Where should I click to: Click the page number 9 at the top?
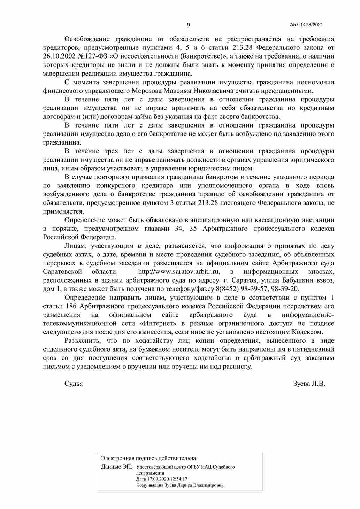pos(189,25)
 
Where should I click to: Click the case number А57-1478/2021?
pos(306,25)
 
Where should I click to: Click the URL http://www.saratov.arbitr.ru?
pos(179,272)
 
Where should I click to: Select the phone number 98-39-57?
pos(253,289)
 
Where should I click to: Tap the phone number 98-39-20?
pos(287,289)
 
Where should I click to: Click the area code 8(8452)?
pos(227,289)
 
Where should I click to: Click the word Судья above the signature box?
pos(74,384)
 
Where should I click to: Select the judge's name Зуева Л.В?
pos(309,384)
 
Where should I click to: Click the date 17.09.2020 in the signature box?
pos(157,479)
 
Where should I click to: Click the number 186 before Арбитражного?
pos(68,306)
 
